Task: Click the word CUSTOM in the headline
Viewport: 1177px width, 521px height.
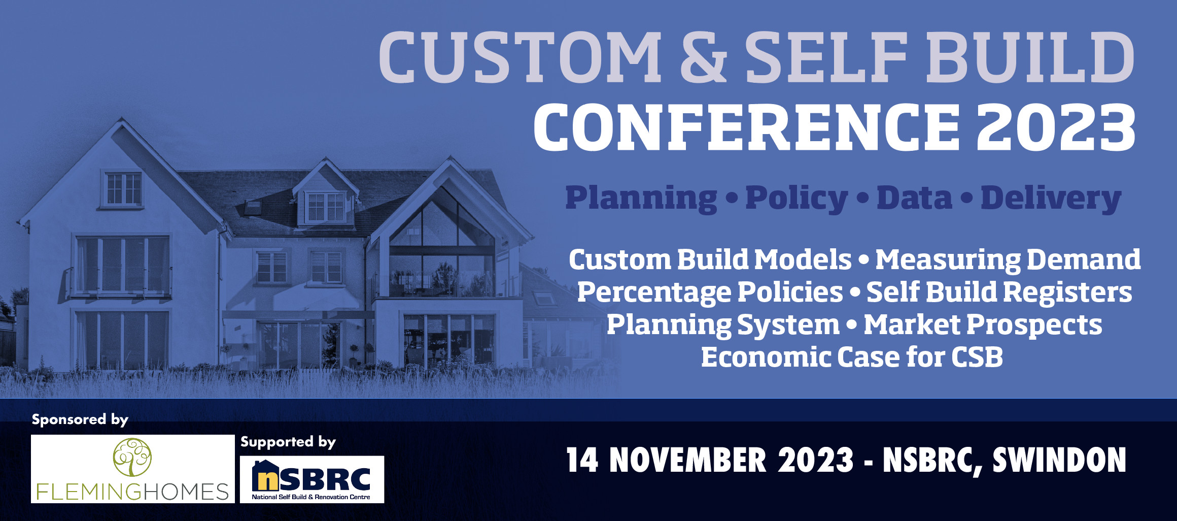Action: [x=520, y=57]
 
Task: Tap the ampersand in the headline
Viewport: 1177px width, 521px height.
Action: [x=703, y=57]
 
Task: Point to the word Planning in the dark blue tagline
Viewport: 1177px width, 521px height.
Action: [x=641, y=198]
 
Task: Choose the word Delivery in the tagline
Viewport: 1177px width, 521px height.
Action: [x=1051, y=198]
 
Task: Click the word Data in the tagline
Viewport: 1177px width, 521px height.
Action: [x=914, y=198]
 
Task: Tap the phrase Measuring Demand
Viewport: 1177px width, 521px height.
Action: [x=1008, y=259]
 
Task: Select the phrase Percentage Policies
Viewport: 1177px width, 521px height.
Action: [x=710, y=292]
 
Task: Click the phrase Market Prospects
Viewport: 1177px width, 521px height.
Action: [x=983, y=324]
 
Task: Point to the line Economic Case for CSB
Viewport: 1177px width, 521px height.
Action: [x=852, y=357]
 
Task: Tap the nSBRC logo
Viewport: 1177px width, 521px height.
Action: [x=311, y=479]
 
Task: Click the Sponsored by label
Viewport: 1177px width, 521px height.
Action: [x=80, y=419]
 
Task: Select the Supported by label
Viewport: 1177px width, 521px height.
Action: [x=288, y=442]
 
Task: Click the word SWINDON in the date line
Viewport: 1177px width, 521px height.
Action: [x=1059, y=460]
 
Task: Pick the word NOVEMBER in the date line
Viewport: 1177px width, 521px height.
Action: [x=687, y=460]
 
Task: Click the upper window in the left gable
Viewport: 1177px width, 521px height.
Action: [x=123, y=189]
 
